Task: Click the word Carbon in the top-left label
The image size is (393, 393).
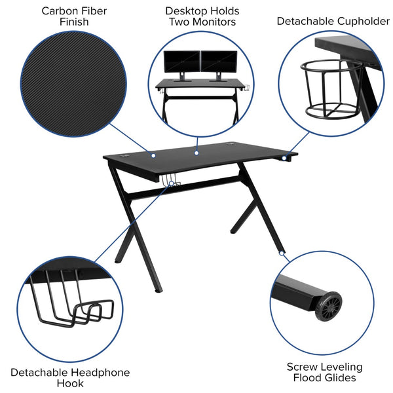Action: click(56, 10)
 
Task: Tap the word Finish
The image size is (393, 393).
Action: click(73, 22)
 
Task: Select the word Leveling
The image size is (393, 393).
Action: click(341, 367)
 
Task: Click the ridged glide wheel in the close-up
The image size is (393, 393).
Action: click(331, 306)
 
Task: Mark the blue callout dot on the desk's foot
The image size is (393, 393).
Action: click(282, 252)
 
